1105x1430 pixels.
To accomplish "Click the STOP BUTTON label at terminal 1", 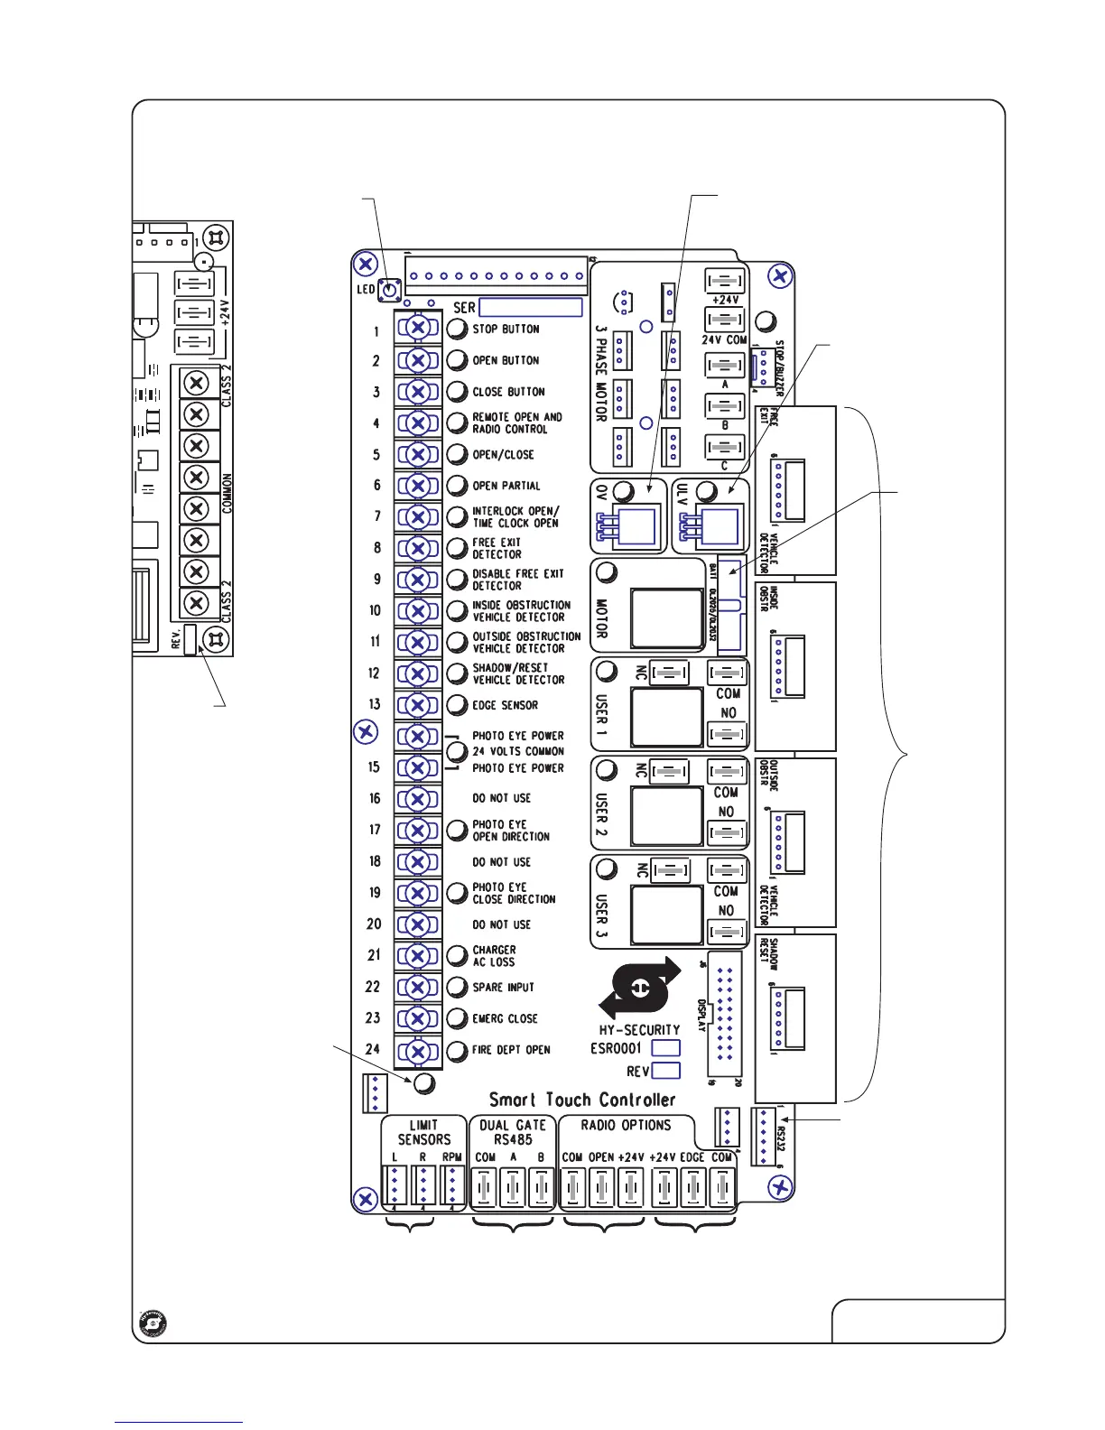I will (506, 330).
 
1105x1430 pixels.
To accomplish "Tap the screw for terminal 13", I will (418, 705).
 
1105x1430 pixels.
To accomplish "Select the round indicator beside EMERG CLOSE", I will (458, 1018).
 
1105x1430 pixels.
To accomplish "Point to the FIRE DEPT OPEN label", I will (511, 1050).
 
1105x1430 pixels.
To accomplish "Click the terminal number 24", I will (373, 1049).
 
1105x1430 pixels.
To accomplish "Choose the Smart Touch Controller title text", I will (582, 1100).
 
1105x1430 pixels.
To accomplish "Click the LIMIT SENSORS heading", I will (423, 1132).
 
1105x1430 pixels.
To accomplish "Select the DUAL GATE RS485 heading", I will (513, 1132).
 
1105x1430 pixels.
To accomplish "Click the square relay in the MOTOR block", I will (667, 618).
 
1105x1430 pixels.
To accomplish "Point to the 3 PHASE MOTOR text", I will (601, 375).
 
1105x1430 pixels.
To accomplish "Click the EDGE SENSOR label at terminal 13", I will (505, 705).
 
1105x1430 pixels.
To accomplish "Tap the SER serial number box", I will (530, 308).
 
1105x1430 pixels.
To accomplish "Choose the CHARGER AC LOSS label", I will (494, 956).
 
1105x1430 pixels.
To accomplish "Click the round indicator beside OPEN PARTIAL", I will (458, 486).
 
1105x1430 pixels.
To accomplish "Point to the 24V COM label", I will (724, 340).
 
